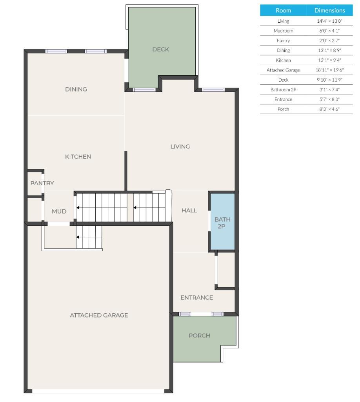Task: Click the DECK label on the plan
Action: [x=160, y=49]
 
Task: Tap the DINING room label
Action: [x=76, y=89]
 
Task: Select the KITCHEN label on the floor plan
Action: [x=78, y=157]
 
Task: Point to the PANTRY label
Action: [x=42, y=183]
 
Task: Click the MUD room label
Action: [x=59, y=211]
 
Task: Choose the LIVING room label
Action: [x=180, y=146]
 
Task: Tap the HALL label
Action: [x=189, y=210]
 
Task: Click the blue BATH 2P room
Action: [x=222, y=223]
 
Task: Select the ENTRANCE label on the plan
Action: [x=197, y=298]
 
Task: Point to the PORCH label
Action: [x=199, y=335]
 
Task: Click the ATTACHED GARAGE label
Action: [x=99, y=315]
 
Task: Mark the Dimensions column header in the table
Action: [x=329, y=11]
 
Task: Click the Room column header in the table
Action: [x=283, y=11]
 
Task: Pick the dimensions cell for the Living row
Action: [x=329, y=21]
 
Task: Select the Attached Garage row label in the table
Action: [x=283, y=70]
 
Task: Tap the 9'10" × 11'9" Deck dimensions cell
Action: [x=329, y=80]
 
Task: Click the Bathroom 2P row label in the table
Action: [x=283, y=90]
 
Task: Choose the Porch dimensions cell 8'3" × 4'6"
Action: [x=329, y=109]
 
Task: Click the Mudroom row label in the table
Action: [x=283, y=31]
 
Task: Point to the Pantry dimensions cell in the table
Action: [x=329, y=40]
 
